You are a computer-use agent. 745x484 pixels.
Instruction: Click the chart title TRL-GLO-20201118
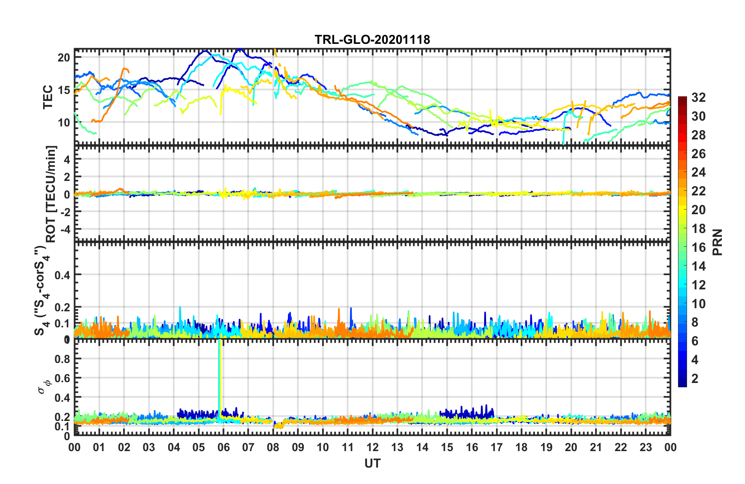(x=372, y=40)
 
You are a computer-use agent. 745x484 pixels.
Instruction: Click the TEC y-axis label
(x=48, y=97)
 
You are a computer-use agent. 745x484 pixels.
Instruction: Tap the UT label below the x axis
(x=372, y=464)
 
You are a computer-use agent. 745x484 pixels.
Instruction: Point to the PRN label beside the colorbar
(x=718, y=242)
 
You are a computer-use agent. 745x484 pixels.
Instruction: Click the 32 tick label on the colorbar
(x=698, y=98)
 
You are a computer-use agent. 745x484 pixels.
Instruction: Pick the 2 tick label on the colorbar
(x=695, y=379)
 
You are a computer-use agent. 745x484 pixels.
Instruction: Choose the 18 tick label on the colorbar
(x=698, y=229)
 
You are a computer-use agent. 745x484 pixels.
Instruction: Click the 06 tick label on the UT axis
(x=223, y=448)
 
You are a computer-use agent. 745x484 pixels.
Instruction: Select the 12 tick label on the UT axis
(x=372, y=448)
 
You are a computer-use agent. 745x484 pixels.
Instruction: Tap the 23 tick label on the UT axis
(x=646, y=448)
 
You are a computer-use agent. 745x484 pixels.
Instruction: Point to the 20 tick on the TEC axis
(x=64, y=58)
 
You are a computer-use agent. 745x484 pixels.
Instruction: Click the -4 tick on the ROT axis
(x=64, y=228)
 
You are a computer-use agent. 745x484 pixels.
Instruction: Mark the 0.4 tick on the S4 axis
(x=62, y=275)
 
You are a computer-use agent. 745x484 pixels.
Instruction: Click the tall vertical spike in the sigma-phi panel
(x=220, y=376)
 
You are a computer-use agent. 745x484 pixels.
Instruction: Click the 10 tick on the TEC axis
(x=64, y=123)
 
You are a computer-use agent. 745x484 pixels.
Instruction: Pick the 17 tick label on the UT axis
(x=497, y=448)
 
